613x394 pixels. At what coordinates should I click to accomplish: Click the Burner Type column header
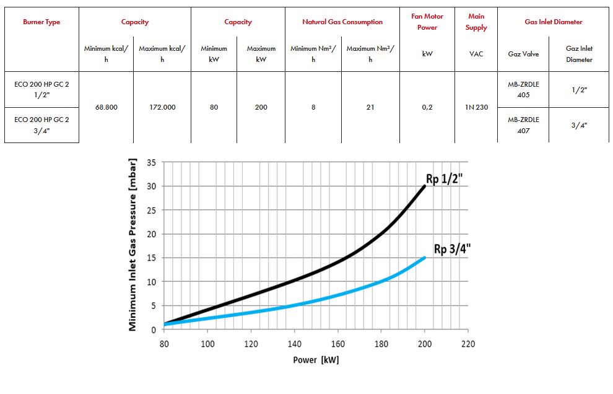pyautogui.click(x=41, y=22)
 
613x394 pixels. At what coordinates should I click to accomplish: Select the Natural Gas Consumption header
pyautogui.click(x=342, y=22)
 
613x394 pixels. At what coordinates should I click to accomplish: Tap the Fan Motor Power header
pyautogui.click(x=427, y=22)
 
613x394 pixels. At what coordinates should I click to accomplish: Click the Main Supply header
pyautogui.click(x=476, y=22)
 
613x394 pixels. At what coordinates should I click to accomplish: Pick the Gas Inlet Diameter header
pyautogui.click(x=553, y=22)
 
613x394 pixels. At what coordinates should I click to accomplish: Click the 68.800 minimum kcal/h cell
pyautogui.click(x=107, y=107)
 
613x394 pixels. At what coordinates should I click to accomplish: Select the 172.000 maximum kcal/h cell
pyautogui.click(x=162, y=107)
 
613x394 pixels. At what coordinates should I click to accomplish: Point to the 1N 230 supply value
pyautogui.click(x=476, y=107)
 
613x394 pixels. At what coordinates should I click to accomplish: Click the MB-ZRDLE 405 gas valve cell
pyautogui.click(x=523, y=90)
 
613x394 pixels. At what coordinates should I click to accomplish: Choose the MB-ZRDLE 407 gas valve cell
pyautogui.click(x=523, y=125)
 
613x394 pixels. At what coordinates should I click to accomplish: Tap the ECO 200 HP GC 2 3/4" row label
pyautogui.click(x=41, y=125)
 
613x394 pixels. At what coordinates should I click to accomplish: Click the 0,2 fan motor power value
pyautogui.click(x=427, y=107)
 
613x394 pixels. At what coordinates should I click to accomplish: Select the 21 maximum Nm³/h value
pyautogui.click(x=370, y=107)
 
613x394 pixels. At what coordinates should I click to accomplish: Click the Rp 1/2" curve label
pyautogui.click(x=445, y=179)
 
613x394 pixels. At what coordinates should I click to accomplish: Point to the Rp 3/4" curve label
pyautogui.click(x=452, y=249)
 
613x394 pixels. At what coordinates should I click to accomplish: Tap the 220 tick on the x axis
pyautogui.click(x=468, y=344)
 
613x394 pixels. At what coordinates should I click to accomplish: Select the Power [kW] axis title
pyautogui.click(x=316, y=360)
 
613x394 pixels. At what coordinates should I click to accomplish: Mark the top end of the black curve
pyautogui.click(x=425, y=186)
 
